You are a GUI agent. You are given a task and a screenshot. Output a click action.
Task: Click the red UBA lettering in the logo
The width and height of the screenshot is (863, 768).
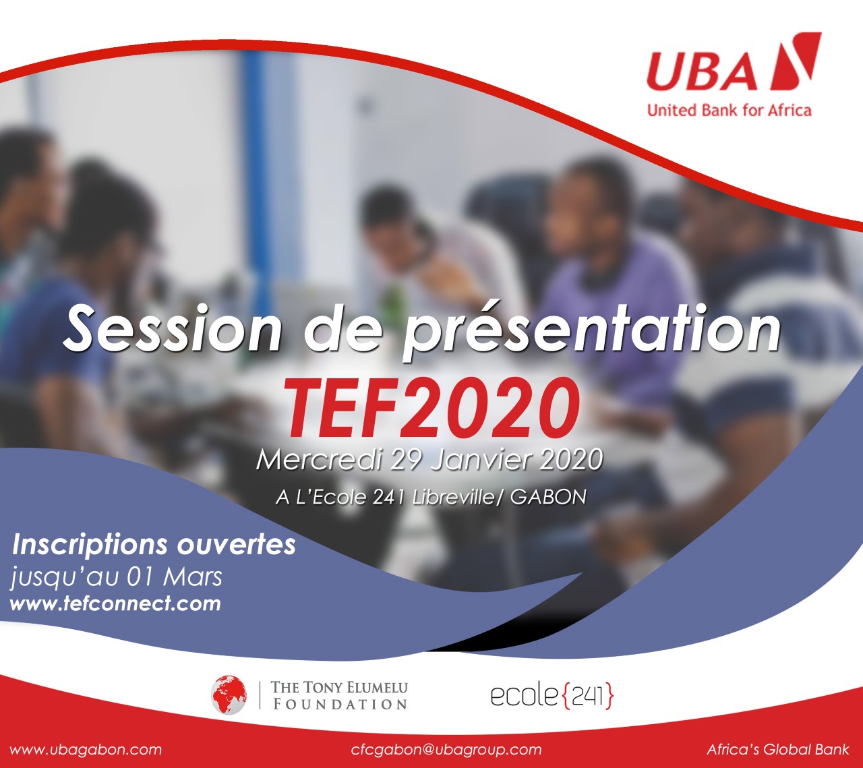click(702, 71)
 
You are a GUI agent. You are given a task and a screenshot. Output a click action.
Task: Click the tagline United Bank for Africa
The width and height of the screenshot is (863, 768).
click(730, 111)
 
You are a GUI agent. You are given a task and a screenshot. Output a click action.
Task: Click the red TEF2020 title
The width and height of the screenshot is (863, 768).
click(432, 408)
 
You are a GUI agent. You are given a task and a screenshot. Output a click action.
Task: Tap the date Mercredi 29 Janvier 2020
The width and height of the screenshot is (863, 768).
click(429, 460)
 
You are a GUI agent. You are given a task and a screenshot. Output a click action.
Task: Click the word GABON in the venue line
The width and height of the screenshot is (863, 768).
click(548, 497)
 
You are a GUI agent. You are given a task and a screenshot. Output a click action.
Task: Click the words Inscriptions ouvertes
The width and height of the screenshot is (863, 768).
click(154, 545)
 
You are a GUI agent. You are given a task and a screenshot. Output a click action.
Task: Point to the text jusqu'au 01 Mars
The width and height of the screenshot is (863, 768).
click(116, 578)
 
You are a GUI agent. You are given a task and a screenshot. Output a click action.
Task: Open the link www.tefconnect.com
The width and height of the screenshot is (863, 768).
click(115, 603)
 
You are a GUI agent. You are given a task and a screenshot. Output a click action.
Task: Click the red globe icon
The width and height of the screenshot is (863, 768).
click(229, 695)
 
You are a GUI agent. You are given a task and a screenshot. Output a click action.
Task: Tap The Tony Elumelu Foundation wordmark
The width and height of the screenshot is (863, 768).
click(339, 695)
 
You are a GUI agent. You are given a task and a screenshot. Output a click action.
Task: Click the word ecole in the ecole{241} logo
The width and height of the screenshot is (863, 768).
click(525, 696)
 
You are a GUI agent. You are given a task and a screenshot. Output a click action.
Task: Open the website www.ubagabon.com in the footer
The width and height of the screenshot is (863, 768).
click(86, 750)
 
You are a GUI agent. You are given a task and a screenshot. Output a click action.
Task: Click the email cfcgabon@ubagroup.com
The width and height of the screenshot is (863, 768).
click(446, 750)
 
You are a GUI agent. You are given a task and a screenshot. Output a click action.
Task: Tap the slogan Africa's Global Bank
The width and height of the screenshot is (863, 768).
click(778, 749)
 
